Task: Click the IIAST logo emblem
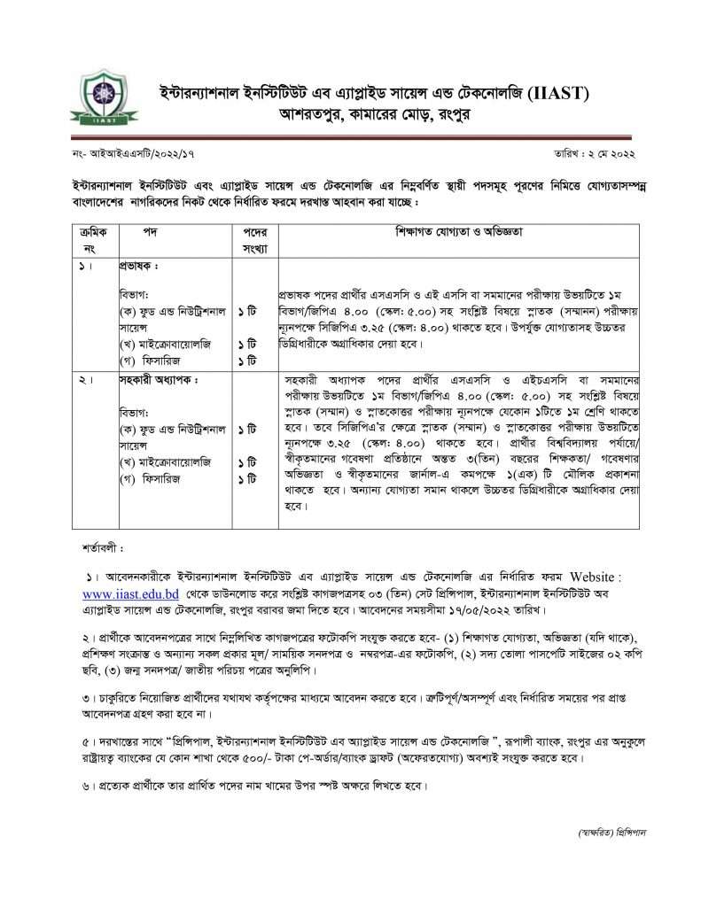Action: point(94,102)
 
